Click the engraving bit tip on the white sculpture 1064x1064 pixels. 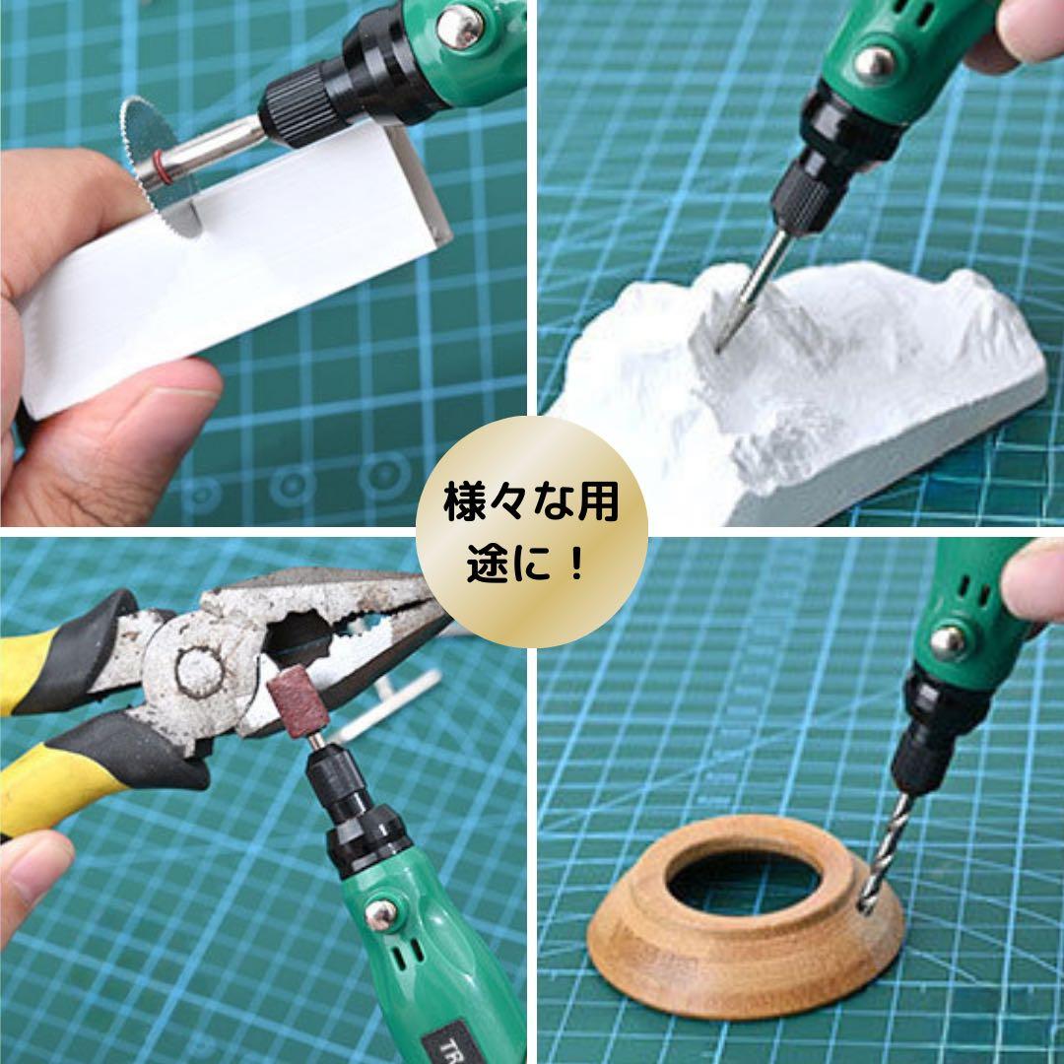point(718,349)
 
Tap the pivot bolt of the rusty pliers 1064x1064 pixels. point(200,668)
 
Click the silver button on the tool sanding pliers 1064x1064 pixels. point(381,916)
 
